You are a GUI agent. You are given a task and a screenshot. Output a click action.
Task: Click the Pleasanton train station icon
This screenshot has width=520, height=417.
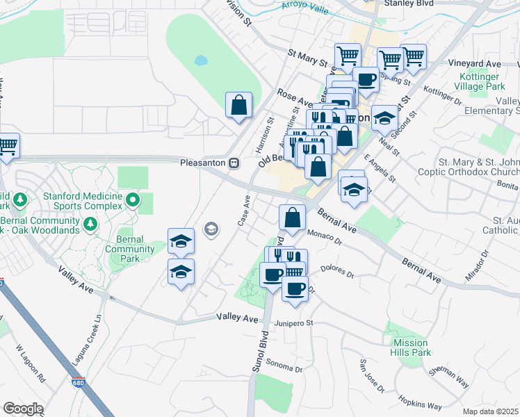234,163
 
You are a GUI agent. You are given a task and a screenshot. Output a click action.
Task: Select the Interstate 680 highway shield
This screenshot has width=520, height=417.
77,382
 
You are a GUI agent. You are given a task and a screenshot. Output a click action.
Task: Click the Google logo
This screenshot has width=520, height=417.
23,409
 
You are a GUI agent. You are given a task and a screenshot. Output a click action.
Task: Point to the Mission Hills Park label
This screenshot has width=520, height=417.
411,347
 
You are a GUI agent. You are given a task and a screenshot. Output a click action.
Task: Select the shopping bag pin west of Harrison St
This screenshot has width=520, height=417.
238,106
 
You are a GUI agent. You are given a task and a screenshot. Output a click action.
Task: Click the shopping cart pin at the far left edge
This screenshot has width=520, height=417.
7,146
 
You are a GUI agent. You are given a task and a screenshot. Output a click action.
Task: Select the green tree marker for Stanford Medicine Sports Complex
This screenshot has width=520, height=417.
133,202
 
